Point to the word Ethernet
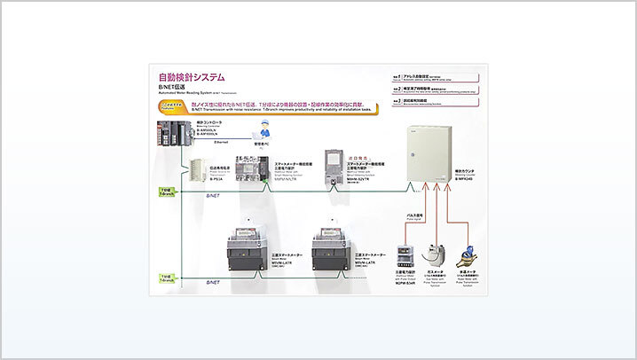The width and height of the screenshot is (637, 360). (x=223, y=142)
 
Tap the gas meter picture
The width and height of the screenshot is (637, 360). (x=435, y=256)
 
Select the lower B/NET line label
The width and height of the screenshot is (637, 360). (x=212, y=282)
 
